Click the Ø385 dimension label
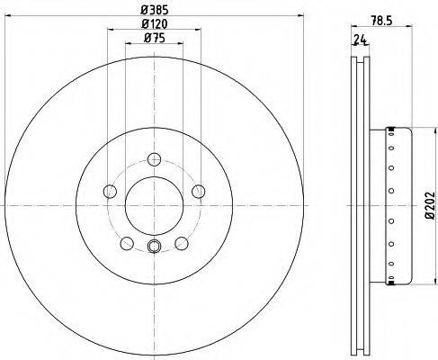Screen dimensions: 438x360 pos(155,10)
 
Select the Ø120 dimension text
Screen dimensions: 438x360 pos(155,24)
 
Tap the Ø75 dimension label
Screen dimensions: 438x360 pos(155,38)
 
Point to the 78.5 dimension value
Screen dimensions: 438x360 pos(381,21)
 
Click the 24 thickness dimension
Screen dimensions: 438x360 pos(361,40)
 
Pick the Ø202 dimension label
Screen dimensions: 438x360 pos(430,205)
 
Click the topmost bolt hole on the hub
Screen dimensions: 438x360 pos(155,159)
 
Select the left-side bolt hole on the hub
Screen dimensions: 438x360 pos(110,192)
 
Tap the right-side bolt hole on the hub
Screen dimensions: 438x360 pos(199,192)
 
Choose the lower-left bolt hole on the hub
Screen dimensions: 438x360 pos(127,243)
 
